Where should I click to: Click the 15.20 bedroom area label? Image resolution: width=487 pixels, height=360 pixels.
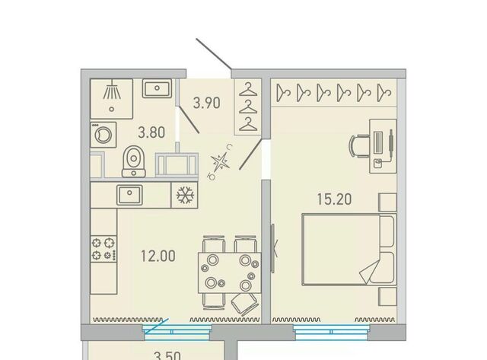point(334,199)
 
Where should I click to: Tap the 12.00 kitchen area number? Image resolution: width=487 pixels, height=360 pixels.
point(158,256)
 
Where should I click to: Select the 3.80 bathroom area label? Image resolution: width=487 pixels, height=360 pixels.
point(151,132)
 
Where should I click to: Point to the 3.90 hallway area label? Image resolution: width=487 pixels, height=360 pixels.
point(206,103)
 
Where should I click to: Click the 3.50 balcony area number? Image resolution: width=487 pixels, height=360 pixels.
point(167,355)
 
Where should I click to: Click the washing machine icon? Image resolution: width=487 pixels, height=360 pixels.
point(103,135)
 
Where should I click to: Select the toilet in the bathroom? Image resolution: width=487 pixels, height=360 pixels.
point(134,161)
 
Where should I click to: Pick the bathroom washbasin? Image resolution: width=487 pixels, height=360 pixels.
point(158,88)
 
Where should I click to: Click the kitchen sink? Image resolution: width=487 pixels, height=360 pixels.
point(129,195)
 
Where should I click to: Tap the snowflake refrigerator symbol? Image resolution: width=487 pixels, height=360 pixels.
point(186,195)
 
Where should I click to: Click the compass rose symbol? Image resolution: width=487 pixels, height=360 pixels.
point(221,162)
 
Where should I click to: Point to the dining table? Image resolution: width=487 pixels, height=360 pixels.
point(230,273)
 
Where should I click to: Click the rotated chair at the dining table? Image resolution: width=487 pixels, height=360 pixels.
point(245,304)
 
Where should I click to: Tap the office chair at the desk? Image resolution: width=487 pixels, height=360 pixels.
point(359,145)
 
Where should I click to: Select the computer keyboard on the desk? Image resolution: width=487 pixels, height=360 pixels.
point(378,142)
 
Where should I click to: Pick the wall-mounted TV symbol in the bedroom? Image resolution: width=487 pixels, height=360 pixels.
point(273,248)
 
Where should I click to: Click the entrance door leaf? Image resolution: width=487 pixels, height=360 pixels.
point(214,54)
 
